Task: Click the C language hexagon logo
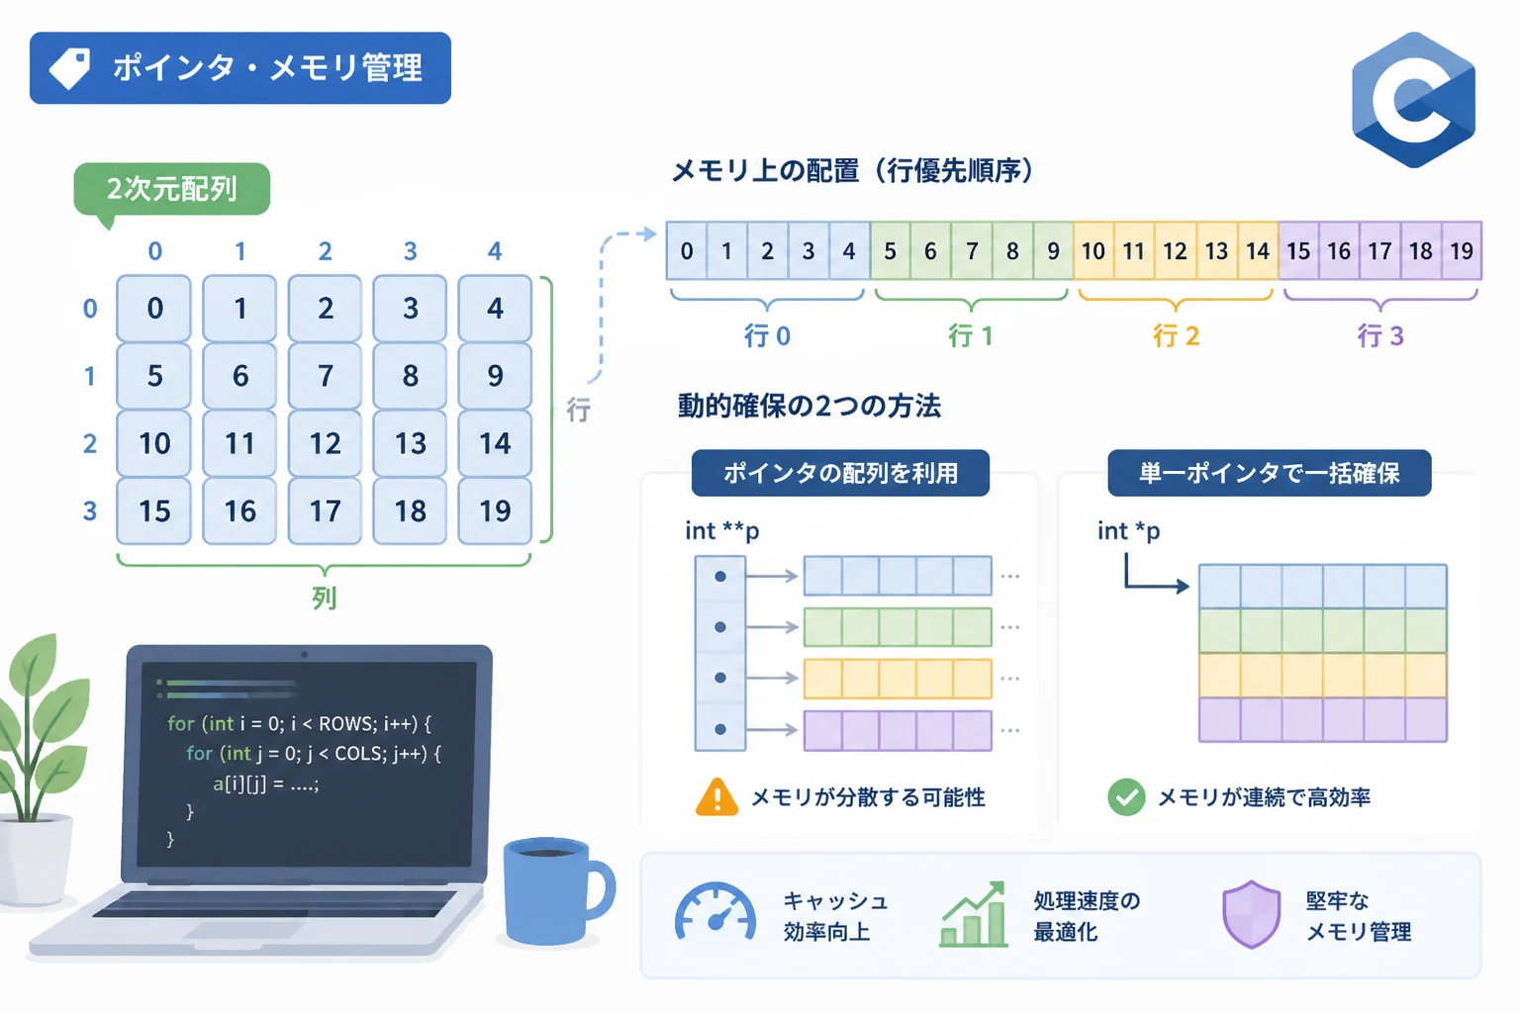[x=1413, y=100]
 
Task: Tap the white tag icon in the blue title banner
[x=69, y=68]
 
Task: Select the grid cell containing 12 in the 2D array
[x=325, y=443]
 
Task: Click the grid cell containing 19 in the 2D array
[x=495, y=510]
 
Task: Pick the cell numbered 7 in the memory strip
[x=972, y=251]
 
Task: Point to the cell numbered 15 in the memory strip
[x=1298, y=251]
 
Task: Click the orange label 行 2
[x=1176, y=336]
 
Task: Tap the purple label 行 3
[x=1380, y=336]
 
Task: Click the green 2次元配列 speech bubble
[x=171, y=190]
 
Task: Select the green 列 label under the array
[x=325, y=598]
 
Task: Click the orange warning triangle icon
[x=716, y=796]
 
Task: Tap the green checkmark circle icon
[x=1126, y=797]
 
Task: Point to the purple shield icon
[x=1251, y=914]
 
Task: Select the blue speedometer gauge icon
[x=715, y=911]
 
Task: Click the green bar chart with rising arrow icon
[x=973, y=914]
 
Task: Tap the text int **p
[x=722, y=531]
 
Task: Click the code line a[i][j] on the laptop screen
[x=265, y=784]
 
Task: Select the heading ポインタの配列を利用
[x=840, y=473]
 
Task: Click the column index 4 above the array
[x=495, y=251]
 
